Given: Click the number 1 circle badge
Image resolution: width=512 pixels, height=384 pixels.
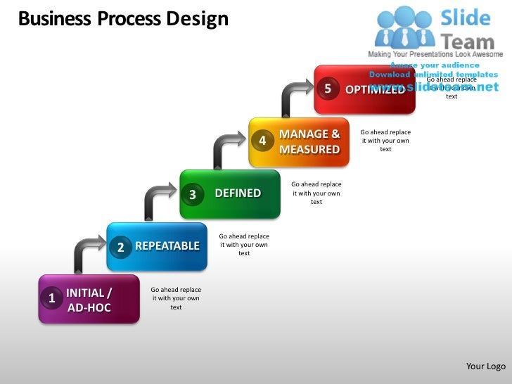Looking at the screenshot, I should (51, 299).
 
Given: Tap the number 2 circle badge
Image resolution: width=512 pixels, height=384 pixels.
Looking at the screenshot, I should (121, 247).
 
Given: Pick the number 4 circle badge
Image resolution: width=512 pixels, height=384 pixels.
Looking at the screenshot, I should (262, 141).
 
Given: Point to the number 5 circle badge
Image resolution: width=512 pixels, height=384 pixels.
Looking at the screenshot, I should (327, 89).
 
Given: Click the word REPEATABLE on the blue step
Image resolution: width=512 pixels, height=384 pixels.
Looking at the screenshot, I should (167, 246).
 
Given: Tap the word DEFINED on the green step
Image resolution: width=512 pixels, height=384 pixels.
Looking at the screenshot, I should (238, 193).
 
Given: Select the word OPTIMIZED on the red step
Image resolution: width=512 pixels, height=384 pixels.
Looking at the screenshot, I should (375, 89).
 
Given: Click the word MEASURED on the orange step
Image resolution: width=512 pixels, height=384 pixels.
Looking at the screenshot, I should (309, 150).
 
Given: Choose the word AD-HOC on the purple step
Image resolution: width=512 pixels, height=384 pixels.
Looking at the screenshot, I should (89, 308).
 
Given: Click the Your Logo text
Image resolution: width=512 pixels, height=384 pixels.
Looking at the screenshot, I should (486, 366).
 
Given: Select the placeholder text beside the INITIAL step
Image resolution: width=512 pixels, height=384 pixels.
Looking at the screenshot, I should (176, 298).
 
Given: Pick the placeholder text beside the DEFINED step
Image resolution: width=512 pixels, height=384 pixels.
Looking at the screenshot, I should (316, 193).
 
